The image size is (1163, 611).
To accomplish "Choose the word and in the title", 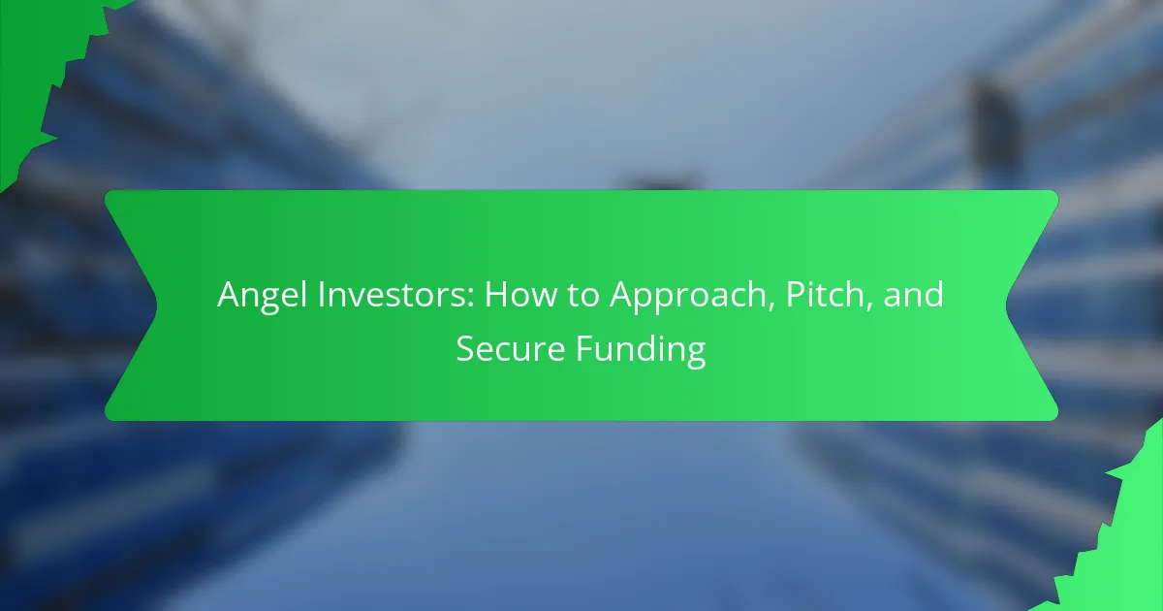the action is click(913, 294).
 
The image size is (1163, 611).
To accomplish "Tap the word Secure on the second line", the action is click(511, 348).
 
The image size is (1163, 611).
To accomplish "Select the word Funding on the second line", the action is click(641, 350).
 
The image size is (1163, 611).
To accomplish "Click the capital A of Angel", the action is click(231, 295).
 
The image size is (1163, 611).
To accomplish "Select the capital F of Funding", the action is click(584, 348).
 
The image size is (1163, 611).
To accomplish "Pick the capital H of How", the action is click(496, 295).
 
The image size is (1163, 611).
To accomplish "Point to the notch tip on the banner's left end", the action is click(157, 305).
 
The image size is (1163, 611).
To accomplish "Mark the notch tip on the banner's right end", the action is click(1006, 305).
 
